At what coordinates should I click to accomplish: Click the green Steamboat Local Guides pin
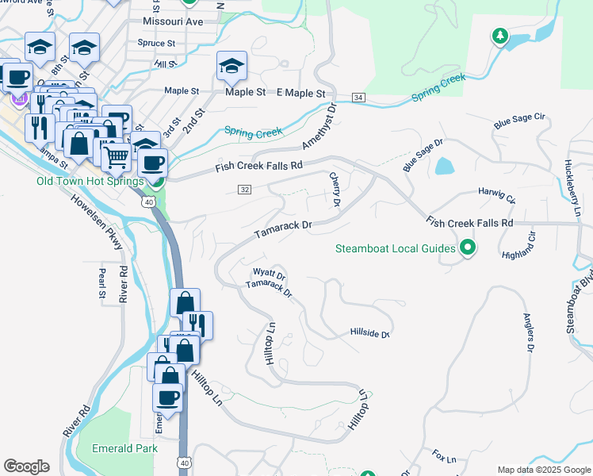(x=468, y=248)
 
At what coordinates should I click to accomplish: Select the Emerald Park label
(x=124, y=448)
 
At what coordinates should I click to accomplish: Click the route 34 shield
(x=359, y=98)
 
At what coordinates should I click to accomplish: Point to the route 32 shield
(x=244, y=189)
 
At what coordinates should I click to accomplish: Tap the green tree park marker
(x=499, y=36)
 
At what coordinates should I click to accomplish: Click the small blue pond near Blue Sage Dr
(x=444, y=166)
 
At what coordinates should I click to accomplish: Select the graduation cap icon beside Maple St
(x=231, y=66)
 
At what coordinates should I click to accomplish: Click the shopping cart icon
(x=117, y=158)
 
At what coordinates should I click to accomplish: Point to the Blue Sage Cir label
(x=520, y=121)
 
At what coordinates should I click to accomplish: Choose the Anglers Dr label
(x=527, y=332)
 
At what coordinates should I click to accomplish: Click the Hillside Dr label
(x=370, y=334)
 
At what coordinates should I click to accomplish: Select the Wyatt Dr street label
(x=269, y=274)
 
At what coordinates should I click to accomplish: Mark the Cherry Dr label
(x=335, y=190)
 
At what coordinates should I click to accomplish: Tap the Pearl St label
(x=102, y=283)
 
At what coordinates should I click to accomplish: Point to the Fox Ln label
(x=445, y=459)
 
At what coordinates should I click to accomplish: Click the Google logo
(x=26, y=466)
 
